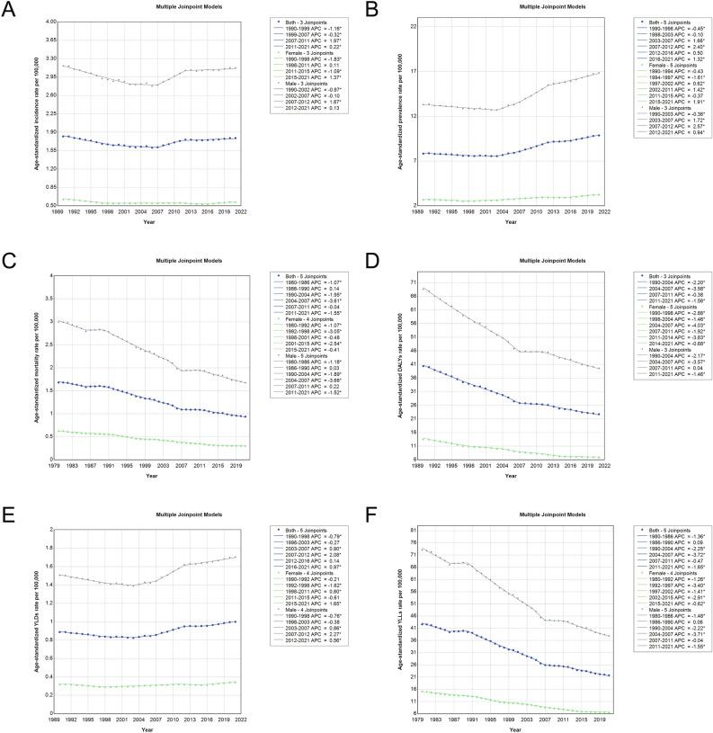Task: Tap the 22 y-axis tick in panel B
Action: point(414,26)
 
